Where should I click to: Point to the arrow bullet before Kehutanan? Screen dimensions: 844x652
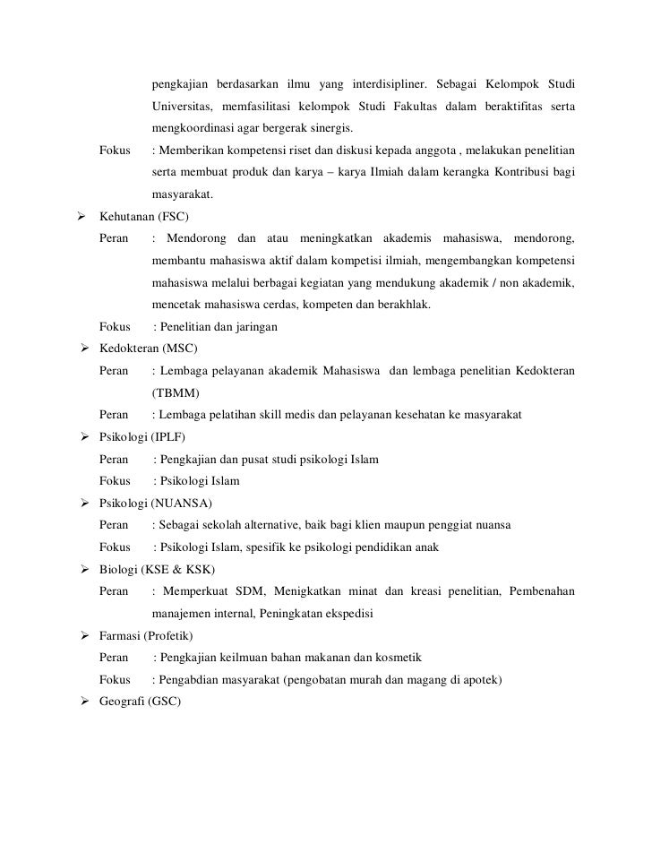(81, 217)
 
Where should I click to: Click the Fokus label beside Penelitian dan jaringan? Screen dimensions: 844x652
(115, 327)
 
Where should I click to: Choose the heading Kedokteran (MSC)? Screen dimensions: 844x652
(149, 349)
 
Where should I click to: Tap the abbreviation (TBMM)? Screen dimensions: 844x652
(176, 392)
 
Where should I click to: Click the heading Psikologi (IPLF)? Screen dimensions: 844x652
(143, 437)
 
